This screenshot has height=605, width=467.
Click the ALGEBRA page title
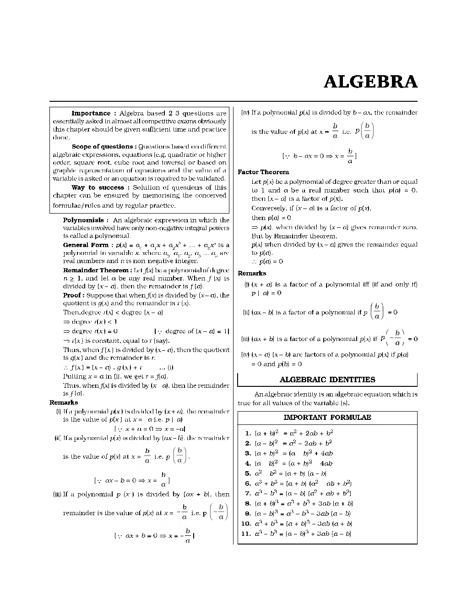[370, 82]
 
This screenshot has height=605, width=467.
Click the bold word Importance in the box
[91, 113]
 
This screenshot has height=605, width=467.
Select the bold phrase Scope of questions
[103, 147]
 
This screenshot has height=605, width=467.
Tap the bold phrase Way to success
[98, 187]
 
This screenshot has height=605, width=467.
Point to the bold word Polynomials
[83, 220]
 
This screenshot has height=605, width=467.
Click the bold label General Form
[86, 245]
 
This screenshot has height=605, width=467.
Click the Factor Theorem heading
[263, 172]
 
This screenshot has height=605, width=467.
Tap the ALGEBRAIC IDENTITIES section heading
[327, 379]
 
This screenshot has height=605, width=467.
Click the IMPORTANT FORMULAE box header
[327, 418]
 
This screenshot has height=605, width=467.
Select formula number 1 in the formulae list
[248, 433]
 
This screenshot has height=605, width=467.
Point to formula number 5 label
[248, 473]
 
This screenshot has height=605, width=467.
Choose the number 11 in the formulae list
[246, 533]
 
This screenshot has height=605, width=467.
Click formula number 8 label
[248, 504]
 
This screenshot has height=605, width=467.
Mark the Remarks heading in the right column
[252, 273]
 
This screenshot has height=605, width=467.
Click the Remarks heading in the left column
[64, 402]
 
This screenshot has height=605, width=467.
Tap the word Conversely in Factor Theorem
[268, 209]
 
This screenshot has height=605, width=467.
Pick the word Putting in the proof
[74, 376]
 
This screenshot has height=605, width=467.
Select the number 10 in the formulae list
[246, 523]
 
